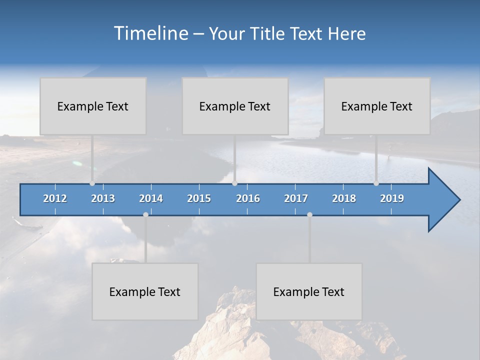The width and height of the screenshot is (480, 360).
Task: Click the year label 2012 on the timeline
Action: pos(55,198)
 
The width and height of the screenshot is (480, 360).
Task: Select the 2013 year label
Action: pos(103,198)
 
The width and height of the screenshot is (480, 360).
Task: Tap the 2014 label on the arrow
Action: pos(151,198)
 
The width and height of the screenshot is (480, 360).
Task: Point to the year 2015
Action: pos(199,198)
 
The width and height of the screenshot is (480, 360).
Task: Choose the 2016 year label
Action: pos(248,198)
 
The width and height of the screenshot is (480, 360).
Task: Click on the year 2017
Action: pos(296,198)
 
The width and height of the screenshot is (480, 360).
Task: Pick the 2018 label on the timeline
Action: pos(344,198)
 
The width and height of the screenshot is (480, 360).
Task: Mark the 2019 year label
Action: pos(392,198)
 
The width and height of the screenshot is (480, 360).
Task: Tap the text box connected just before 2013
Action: pos(93,106)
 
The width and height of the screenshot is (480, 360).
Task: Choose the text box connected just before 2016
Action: pos(235,106)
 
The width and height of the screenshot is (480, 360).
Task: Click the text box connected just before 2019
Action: pos(377,106)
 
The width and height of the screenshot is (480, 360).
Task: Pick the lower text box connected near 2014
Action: pos(145,291)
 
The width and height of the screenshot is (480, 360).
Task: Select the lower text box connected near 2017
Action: pos(309,291)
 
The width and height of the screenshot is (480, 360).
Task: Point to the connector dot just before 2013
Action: pos(92,183)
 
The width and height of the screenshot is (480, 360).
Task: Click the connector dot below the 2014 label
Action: pos(145,214)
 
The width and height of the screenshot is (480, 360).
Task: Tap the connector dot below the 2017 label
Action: pos(309,214)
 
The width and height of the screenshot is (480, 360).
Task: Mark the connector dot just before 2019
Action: pos(376,183)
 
